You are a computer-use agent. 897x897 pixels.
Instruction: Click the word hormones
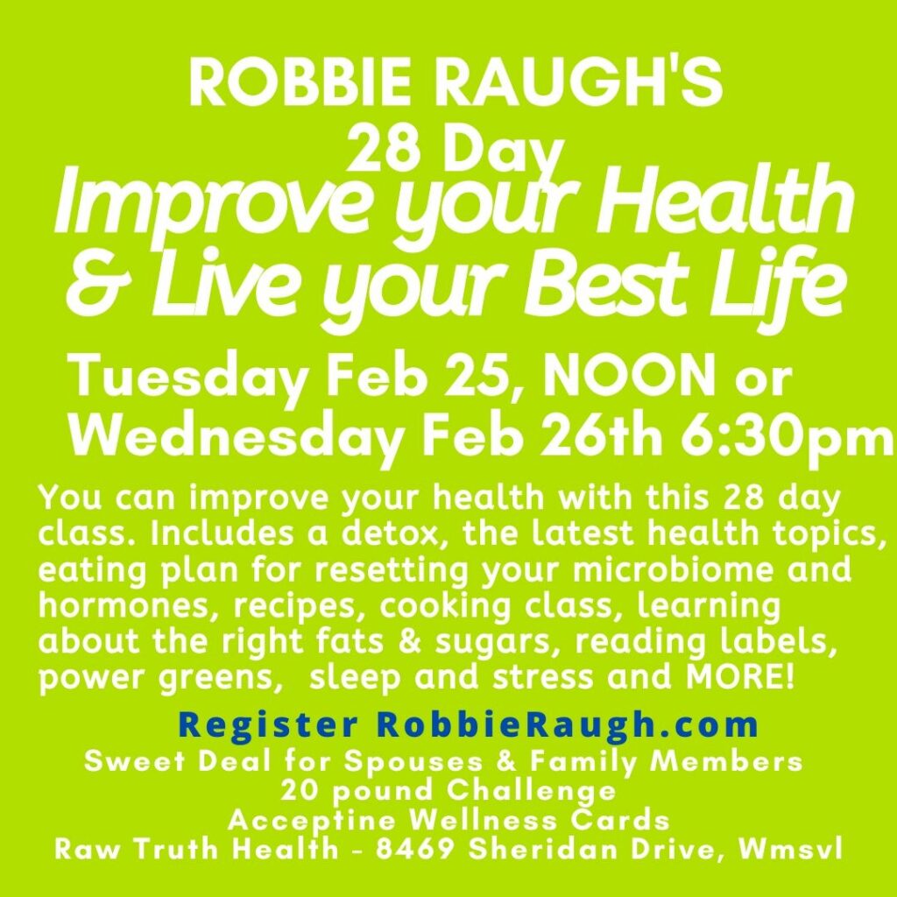(x=126, y=606)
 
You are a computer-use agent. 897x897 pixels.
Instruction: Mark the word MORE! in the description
(x=741, y=677)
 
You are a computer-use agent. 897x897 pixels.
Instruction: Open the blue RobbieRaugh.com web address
(x=568, y=725)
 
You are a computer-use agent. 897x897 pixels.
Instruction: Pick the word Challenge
(x=532, y=792)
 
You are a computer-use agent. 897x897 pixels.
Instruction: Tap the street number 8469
(x=414, y=850)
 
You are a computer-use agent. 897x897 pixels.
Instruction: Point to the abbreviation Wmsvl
(x=791, y=850)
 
